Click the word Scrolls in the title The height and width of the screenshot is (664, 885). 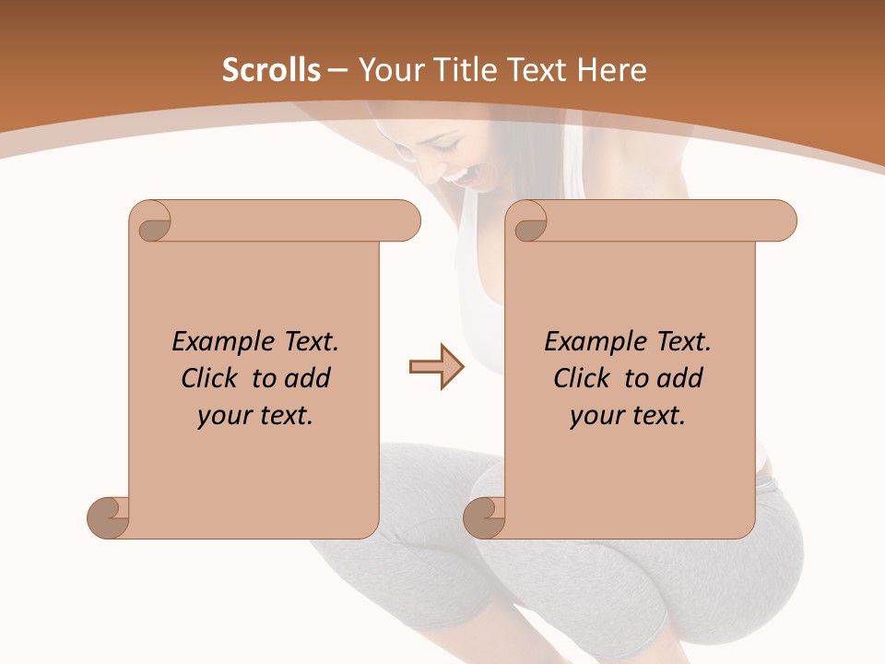pyautogui.click(x=272, y=70)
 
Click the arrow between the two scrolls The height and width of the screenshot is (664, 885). pyautogui.click(x=436, y=367)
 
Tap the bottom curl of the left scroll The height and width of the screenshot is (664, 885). pyautogui.click(x=108, y=517)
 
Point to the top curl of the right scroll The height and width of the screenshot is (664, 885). pyautogui.click(x=529, y=221)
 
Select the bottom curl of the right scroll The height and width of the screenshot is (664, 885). pyautogui.click(x=484, y=517)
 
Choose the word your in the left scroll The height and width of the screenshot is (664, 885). pyautogui.click(x=223, y=416)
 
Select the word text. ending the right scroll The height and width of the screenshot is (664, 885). pyautogui.click(x=655, y=416)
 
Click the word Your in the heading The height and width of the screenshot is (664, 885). pyautogui.click(x=387, y=70)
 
